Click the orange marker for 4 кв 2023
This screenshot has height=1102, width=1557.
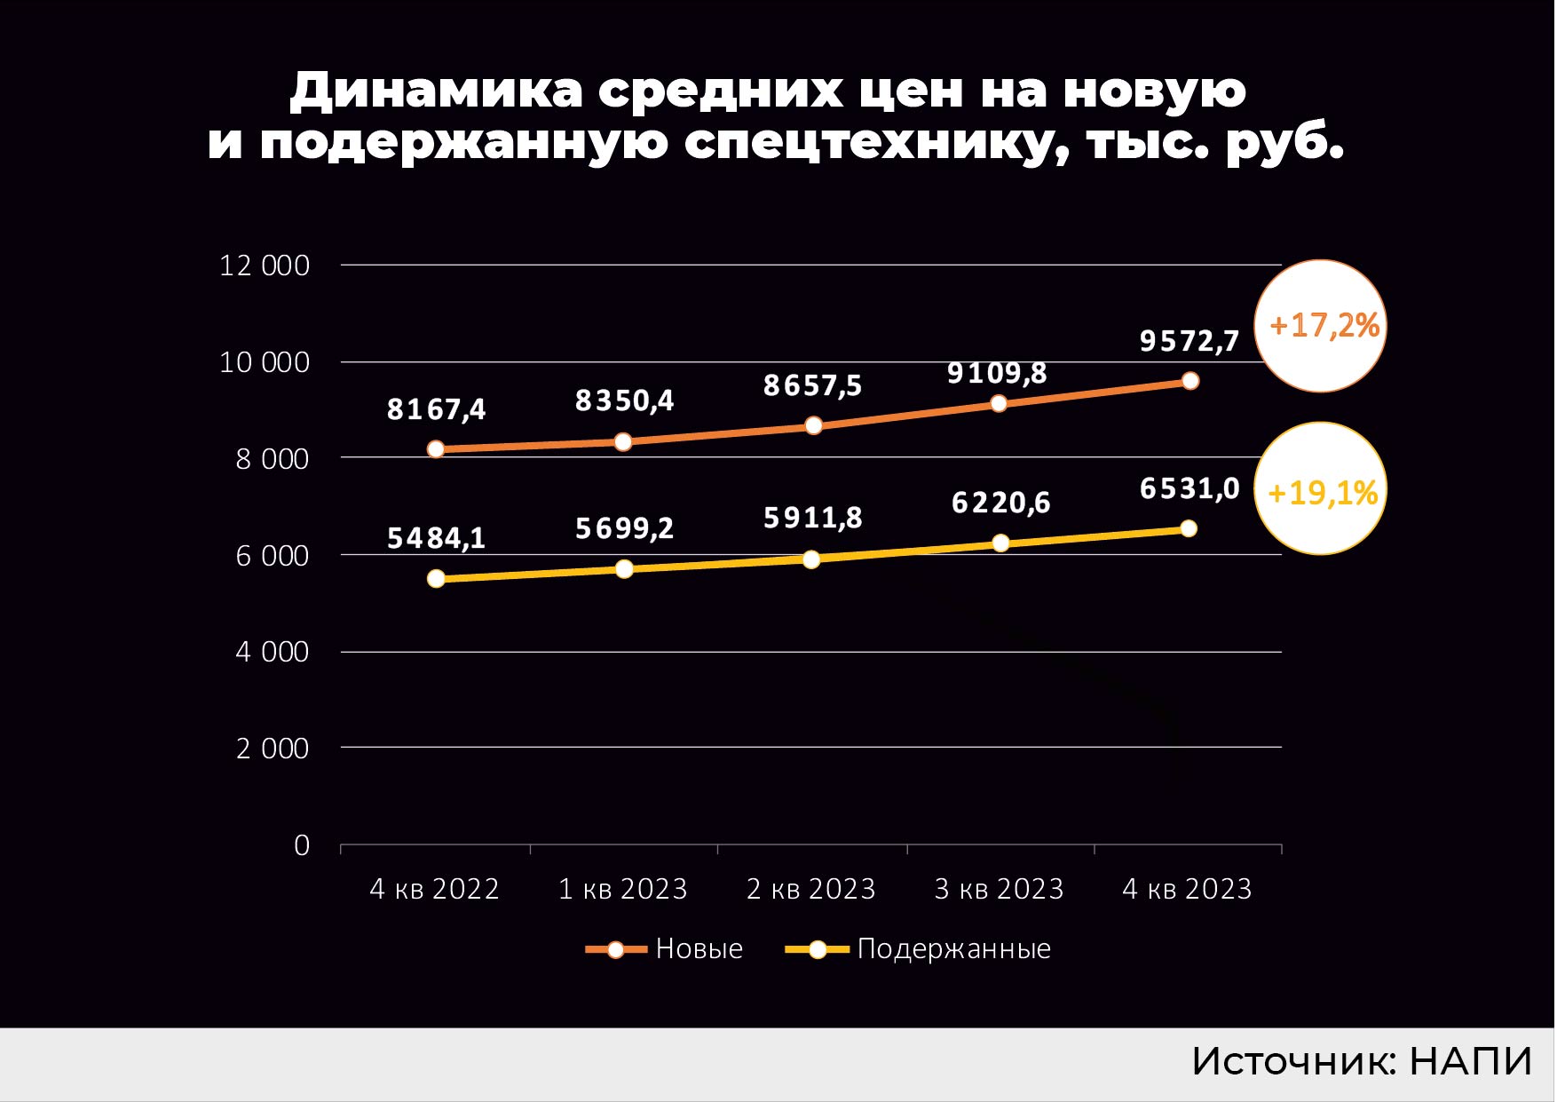[x=1190, y=381]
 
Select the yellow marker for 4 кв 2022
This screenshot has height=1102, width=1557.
[x=436, y=579]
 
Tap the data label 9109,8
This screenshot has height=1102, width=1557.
[x=997, y=373]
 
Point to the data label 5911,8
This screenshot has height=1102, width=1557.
[x=812, y=518]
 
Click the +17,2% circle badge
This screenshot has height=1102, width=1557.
[x=1321, y=326]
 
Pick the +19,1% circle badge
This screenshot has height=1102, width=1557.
[x=1321, y=489]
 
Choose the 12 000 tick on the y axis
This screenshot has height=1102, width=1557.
[x=265, y=266]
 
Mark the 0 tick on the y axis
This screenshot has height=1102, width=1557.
[x=302, y=844]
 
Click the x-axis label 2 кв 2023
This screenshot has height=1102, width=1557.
[x=810, y=889]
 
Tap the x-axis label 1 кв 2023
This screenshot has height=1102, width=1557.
[x=622, y=889]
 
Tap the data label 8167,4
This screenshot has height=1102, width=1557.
[x=436, y=409]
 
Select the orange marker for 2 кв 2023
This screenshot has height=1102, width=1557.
[x=813, y=425]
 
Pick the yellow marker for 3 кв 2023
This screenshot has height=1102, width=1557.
[x=1000, y=543]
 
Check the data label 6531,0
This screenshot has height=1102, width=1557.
[x=1189, y=488]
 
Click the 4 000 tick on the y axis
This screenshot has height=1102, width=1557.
[x=272, y=653]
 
